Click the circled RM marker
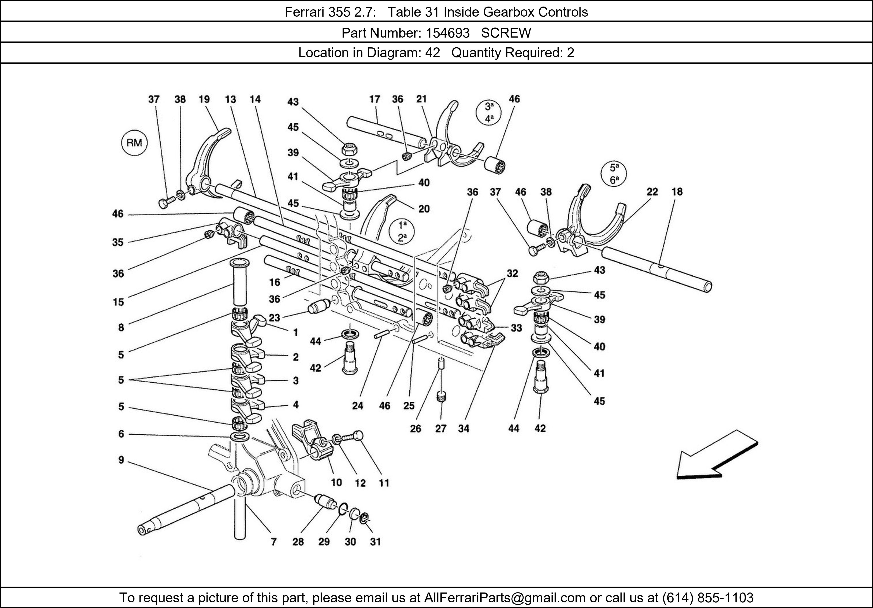coord(134,143)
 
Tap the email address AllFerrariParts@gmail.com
coord(505,598)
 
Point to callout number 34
coord(464,429)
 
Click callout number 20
coord(424,209)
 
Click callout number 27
coord(441,429)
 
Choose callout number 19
coord(204,99)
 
